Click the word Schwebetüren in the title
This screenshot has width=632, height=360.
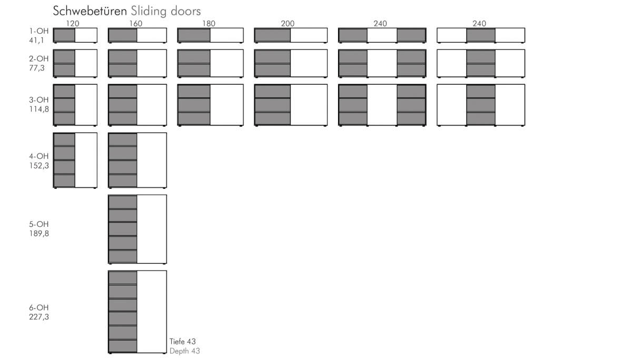tap(90, 11)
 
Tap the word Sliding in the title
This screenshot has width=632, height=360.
tap(149, 12)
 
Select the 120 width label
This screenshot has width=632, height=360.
tap(73, 23)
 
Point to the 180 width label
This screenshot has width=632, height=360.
tap(209, 23)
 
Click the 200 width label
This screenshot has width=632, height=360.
tap(288, 23)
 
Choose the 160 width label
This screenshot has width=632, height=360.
tap(136, 23)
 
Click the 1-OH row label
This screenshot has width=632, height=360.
tap(39, 31)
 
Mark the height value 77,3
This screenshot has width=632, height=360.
tap(37, 68)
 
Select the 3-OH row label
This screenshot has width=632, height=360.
tap(39, 99)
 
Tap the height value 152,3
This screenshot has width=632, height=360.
tap(39, 165)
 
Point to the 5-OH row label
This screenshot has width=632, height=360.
tap(39, 224)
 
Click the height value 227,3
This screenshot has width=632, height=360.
tap(39, 317)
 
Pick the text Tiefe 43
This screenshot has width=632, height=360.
tap(183, 342)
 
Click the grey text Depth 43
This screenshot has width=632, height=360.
tap(185, 351)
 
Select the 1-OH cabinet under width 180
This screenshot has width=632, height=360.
tap(210, 35)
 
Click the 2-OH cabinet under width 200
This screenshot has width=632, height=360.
tap(291, 64)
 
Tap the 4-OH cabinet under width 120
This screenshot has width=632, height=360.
tap(75, 160)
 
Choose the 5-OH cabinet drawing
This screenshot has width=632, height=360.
tap(137, 229)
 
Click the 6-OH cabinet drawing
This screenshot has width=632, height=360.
tap(137, 312)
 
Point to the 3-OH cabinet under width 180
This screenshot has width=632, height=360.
tap(210, 105)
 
